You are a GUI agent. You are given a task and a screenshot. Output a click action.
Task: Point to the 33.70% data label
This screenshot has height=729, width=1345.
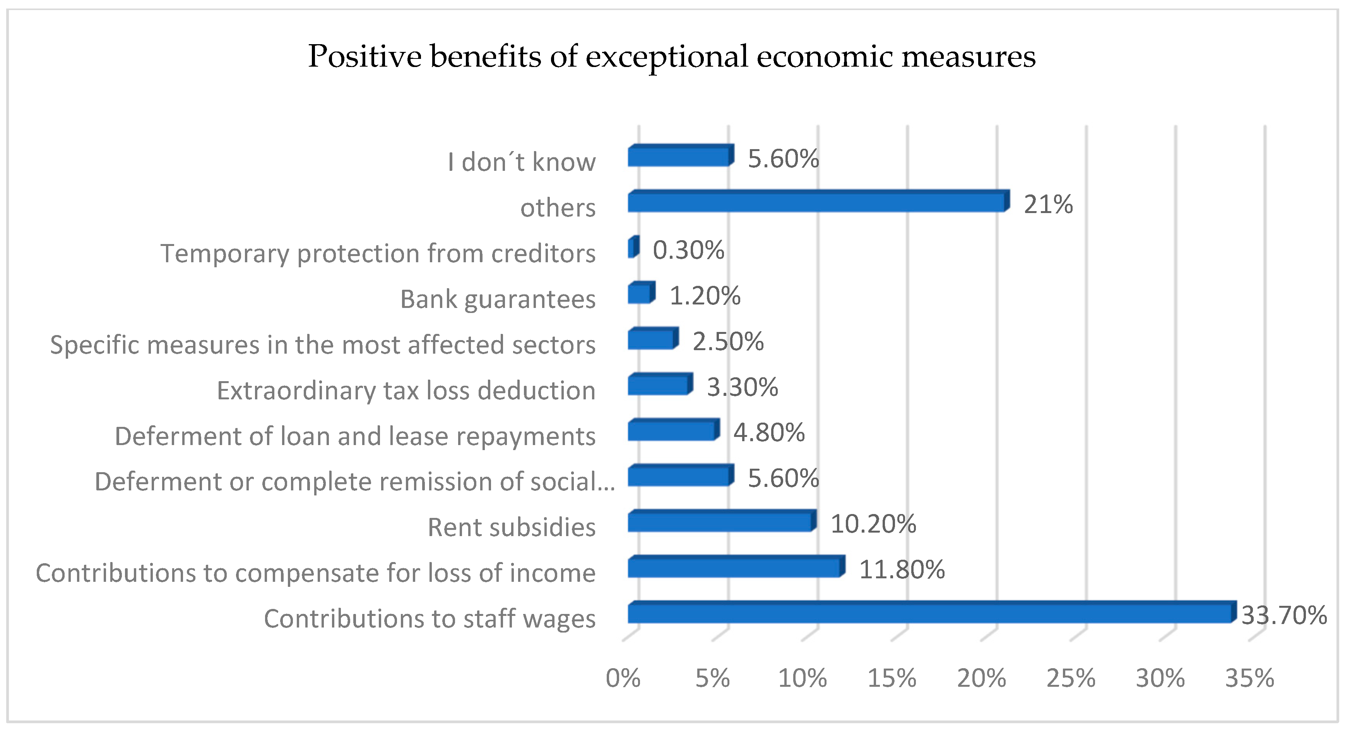(1284, 616)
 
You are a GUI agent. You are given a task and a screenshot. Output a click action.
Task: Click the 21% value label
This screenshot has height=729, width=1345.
(1048, 204)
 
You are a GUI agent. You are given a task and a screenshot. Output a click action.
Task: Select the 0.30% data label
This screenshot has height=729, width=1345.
(688, 250)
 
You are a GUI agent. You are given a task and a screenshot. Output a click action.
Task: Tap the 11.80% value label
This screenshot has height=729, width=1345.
(902, 570)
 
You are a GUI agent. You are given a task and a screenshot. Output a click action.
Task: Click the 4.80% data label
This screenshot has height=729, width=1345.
(768, 433)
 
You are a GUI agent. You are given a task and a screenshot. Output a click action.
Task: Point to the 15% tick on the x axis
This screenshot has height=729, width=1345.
(892, 679)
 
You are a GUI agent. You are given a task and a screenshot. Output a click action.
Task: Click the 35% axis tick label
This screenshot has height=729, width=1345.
(1249, 679)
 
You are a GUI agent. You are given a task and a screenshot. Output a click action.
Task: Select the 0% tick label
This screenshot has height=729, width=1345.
(623, 679)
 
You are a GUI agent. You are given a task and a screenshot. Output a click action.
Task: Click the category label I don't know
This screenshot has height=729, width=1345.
(521, 162)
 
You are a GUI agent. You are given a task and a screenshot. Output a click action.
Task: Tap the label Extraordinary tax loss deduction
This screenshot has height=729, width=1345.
(406, 390)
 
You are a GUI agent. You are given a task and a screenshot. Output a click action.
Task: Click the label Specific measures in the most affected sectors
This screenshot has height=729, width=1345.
(322, 345)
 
